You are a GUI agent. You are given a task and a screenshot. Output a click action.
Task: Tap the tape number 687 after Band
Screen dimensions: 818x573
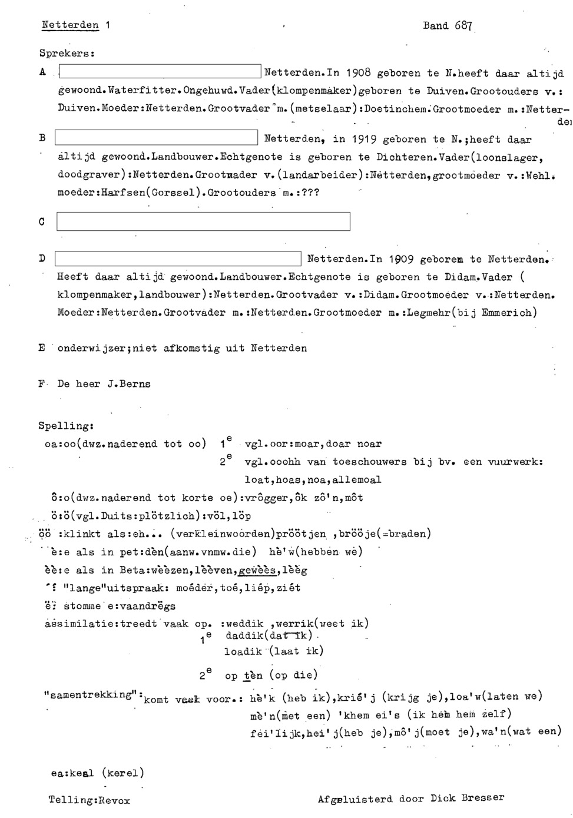pyautogui.click(x=463, y=25)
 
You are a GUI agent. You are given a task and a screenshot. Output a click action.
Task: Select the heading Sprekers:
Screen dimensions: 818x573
pyautogui.click(x=67, y=52)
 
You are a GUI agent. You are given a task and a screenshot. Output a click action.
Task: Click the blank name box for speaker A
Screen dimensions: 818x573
pyautogui.click(x=160, y=72)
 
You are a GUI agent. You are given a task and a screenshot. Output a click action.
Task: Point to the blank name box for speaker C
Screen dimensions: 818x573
pyautogui.click(x=203, y=222)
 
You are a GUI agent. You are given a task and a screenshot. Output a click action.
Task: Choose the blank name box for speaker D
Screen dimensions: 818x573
pyautogui.click(x=178, y=259)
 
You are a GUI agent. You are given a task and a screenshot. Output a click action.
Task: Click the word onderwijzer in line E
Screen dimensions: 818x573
pyautogui.click(x=90, y=348)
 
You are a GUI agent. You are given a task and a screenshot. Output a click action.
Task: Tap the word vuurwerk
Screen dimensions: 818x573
pyautogui.click(x=514, y=462)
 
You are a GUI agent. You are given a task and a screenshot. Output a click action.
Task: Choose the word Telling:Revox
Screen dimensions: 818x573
pyautogui.click(x=90, y=800)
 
